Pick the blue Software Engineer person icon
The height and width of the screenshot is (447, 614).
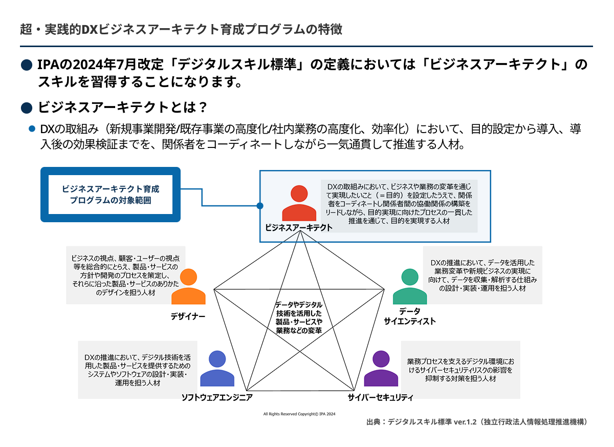pyautogui.click(x=217, y=369)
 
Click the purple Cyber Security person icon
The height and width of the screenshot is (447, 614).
pyautogui.click(x=381, y=369)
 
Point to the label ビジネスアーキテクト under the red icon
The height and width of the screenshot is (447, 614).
pyautogui.click(x=298, y=228)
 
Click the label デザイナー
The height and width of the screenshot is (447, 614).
pyautogui.click(x=188, y=316)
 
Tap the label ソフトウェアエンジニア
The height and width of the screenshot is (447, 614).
pyautogui.click(x=217, y=398)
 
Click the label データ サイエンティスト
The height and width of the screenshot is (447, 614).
pyautogui.click(x=409, y=316)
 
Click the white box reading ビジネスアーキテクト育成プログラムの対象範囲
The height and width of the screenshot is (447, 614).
pyautogui.click(x=111, y=195)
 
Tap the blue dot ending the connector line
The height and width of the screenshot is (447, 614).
pyautogui.click(x=260, y=206)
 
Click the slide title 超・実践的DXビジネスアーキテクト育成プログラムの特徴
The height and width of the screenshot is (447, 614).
pyautogui.click(x=181, y=29)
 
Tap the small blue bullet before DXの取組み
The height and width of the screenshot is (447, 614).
pyautogui.click(x=32, y=129)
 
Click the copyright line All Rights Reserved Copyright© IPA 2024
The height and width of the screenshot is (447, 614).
pyautogui.click(x=299, y=413)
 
